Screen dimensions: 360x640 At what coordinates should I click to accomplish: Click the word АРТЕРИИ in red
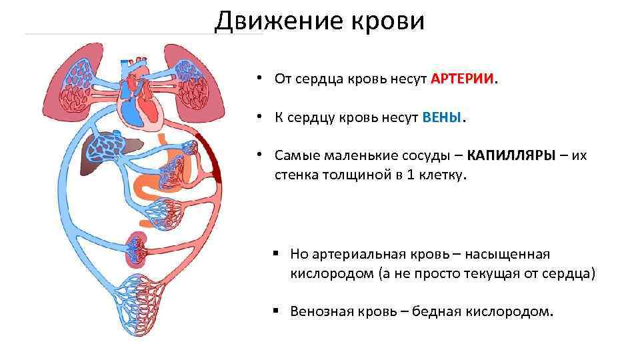click(463, 79)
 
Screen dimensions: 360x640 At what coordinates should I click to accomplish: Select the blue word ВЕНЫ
click(442, 118)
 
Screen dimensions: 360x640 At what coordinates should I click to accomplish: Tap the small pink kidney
click(137, 246)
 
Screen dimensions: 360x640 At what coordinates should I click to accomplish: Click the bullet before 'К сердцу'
click(265, 118)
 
